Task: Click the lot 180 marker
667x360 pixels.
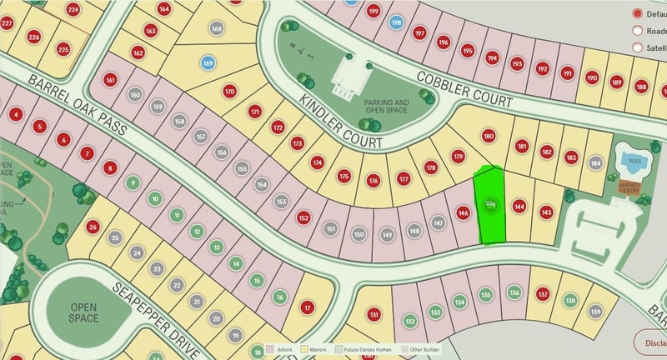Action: pyautogui.click(x=489, y=136)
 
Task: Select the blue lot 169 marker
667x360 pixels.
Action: pyautogui.click(x=208, y=62)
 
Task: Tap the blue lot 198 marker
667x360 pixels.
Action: pyautogui.click(x=396, y=22)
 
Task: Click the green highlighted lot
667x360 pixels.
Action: pyautogui.click(x=490, y=205)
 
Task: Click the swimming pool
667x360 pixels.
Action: pyautogui.click(x=631, y=159)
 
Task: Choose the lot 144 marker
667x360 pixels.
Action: pyautogui.click(x=519, y=206)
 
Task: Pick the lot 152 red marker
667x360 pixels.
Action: pyautogui.click(x=303, y=218)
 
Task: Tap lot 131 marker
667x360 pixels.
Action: pyautogui.click(x=374, y=314)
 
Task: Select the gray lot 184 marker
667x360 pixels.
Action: pyautogui.click(x=595, y=162)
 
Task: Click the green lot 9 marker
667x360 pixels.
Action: pyautogui.click(x=132, y=182)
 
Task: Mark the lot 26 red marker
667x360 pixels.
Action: pyautogui.click(x=93, y=227)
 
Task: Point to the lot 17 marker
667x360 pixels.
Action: pyautogui.click(x=308, y=307)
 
